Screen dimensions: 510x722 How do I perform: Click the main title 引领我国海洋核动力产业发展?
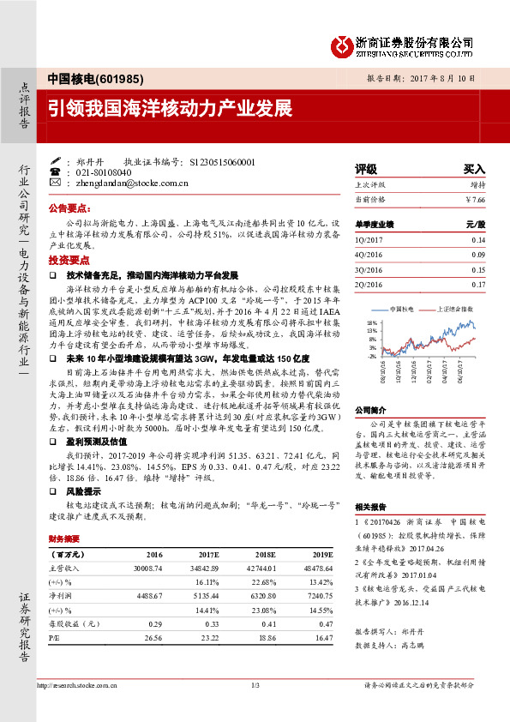pyautogui.click(x=170, y=110)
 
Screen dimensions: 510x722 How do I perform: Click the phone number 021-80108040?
pyautogui.click(x=101, y=171)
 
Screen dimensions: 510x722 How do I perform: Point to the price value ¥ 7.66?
pyautogui.click(x=474, y=199)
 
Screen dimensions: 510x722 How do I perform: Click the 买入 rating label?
pyautogui.click(x=474, y=170)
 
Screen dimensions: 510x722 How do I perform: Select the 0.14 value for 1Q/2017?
pyautogui.click(x=478, y=240)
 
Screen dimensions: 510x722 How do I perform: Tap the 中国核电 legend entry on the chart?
pyautogui.click(x=402, y=308)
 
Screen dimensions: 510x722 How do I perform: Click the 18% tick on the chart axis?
pyautogui.click(x=372, y=322)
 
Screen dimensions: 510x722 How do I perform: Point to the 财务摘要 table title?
pyautogui.click(x=65, y=538)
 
